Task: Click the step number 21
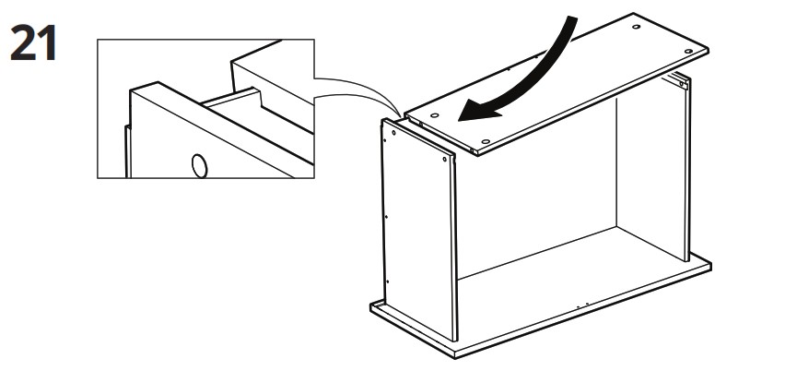[33, 43]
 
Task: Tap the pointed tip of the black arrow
[459, 120]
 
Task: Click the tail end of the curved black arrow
[572, 18]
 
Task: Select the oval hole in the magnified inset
[200, 166]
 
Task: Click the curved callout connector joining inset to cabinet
[358, 89]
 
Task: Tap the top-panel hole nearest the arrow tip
[435, 115]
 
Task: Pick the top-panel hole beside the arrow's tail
[636, 27]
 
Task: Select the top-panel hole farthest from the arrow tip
[688, 51]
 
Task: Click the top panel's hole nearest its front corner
[485, 142]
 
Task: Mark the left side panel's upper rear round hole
[394, 134]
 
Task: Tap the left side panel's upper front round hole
[445, 160]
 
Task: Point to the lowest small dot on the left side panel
[388, 281]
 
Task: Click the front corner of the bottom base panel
[454, 358]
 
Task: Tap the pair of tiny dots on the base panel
[581, 305]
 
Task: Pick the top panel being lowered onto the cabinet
[556, 84]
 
